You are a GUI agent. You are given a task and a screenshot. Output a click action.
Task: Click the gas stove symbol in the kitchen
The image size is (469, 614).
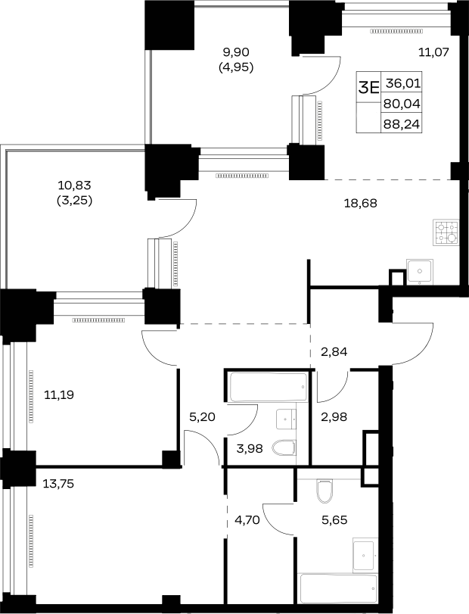[x=446, y=232]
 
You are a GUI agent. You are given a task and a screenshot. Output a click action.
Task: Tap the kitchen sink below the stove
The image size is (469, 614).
[x=420, y=271]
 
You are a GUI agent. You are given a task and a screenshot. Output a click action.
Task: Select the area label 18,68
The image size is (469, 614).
[x=361, y=203]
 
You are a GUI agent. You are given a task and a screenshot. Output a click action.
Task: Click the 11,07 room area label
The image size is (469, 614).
[x=433, y=51]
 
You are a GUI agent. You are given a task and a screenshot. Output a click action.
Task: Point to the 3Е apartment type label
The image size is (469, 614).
[x=369, y=87]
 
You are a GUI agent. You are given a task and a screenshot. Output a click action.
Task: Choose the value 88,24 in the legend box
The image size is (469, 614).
[x=402, y=124]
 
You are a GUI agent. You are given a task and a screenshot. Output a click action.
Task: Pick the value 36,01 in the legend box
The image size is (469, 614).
[x=403, y=83]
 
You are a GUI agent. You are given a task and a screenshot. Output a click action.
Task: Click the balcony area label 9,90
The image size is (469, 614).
[x=236, y=51]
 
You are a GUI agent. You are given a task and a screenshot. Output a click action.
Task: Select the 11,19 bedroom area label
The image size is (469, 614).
[x=59, y=394]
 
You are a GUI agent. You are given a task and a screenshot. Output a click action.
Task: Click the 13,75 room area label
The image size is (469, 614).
[x=58, y=484]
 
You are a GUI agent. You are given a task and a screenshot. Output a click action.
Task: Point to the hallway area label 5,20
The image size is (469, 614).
[x=202, y=417]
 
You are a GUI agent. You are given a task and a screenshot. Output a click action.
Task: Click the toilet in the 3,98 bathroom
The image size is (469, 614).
[x=284, y=448]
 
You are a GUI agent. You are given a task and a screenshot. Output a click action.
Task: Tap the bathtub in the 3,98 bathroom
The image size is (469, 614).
[x=269, y=387]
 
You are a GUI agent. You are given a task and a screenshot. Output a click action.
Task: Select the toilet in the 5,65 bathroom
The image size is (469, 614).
[x=325, y=491]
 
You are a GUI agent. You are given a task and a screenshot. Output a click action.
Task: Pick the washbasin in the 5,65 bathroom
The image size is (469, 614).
[x=365, y=555]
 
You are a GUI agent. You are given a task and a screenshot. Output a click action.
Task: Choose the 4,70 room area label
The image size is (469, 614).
[x=247, y=520]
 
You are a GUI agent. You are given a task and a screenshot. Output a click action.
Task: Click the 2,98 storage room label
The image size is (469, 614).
[x=334, y=417]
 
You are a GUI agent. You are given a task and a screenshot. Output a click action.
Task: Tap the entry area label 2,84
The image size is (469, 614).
[x=334, y=351]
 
